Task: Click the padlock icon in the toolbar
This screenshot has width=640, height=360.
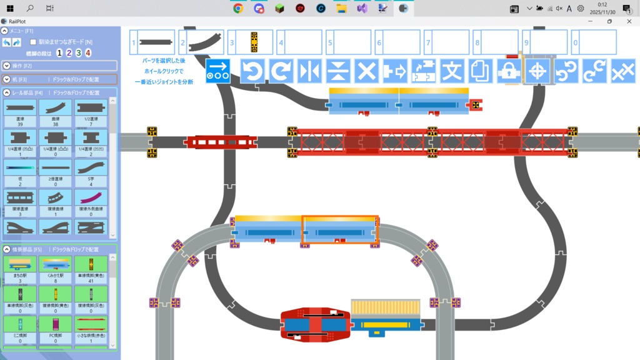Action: (x=509, y=71)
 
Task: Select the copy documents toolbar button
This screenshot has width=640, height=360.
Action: (x=480, y=71)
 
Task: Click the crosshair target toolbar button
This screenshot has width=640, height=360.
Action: (x=537, y=71)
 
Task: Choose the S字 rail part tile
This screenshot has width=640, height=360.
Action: (x=91, y=170)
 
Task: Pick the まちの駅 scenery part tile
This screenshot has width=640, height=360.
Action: (x=19, y=267)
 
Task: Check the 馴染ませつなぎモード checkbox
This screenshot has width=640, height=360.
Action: (x=34, y=42)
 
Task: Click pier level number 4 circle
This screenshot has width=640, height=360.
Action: (x=88, y=53)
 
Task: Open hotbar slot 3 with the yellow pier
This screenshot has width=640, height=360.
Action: (x=251, y=42)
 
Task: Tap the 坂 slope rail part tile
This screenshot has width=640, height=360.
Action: (x=19, y=170)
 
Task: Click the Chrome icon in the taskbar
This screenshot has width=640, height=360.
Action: (x=238, y=8)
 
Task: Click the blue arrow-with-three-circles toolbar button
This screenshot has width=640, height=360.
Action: (x=218, y=71)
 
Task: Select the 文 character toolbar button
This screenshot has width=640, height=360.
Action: (x=451, y=71)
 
